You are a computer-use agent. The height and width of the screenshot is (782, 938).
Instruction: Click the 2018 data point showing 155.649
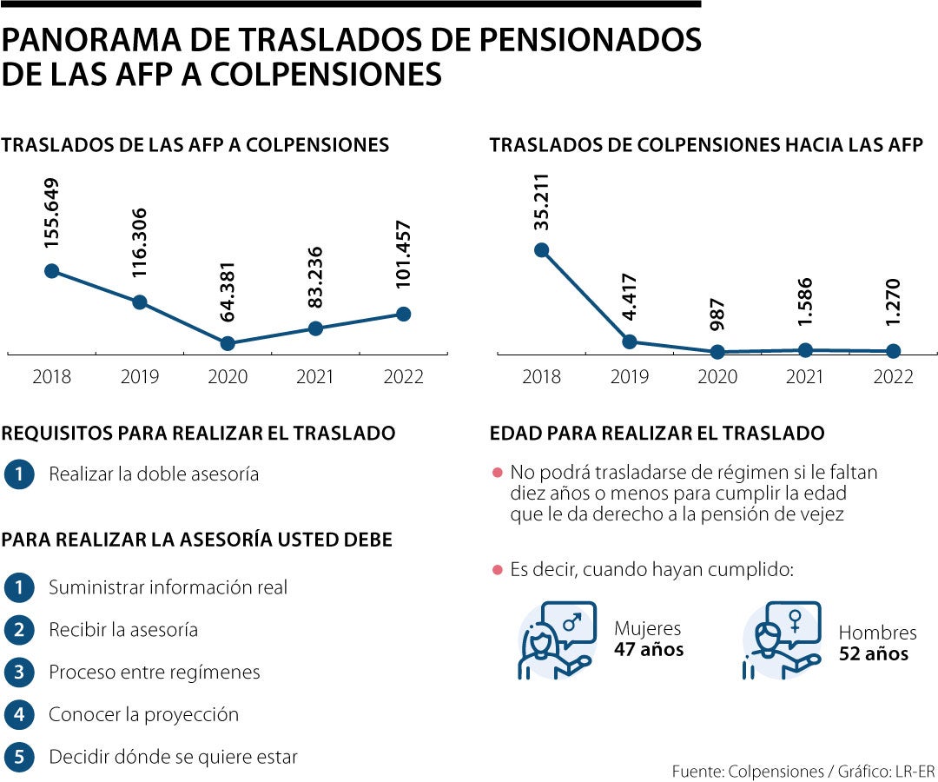(51, 271)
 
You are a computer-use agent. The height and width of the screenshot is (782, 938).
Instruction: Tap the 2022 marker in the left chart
(403, 314)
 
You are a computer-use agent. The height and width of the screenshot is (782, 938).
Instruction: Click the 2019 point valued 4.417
(630, 341)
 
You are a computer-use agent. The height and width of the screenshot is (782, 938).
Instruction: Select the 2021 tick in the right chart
(805, 376)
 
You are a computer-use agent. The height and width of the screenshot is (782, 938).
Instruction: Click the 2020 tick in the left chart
(228, 376)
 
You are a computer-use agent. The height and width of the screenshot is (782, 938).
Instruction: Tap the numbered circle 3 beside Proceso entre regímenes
(18, 672)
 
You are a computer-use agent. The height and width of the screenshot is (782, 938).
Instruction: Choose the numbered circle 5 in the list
(18, 757)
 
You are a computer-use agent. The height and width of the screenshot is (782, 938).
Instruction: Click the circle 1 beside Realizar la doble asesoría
(18, 474)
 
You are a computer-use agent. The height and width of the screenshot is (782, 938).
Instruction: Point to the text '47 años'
(649, 649)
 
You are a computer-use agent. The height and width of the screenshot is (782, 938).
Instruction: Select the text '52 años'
(874, 653)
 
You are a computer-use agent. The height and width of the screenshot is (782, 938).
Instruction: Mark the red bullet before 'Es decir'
(498, 570)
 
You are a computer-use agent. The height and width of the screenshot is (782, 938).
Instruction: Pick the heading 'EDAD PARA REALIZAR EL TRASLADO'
(657, 433)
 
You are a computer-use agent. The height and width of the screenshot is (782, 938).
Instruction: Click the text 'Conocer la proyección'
(143, 714)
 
